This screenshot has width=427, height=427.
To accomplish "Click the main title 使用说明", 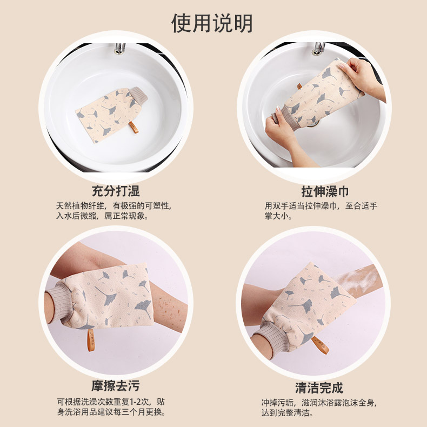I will tap(212, 23).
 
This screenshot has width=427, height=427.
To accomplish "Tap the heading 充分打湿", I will tap(115, 191).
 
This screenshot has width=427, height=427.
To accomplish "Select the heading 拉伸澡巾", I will tap(324, 191).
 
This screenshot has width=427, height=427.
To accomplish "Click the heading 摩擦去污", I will tap(115, 386).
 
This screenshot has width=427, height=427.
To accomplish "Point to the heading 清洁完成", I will tap(319, 388).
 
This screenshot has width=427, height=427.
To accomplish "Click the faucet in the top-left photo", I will tap(119, 48).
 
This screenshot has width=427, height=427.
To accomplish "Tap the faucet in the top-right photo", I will tap(319, 48).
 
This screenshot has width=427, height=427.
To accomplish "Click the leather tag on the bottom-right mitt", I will tap(323, 345).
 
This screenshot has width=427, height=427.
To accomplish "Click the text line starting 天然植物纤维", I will tap(113, 206).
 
